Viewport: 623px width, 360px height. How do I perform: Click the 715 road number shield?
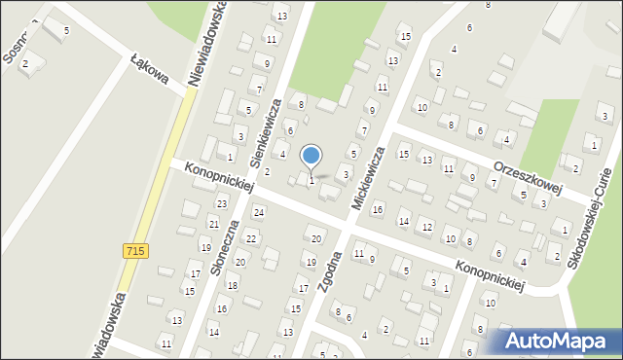(x=136, y=251)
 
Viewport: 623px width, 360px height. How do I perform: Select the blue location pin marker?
(x=311, y=157)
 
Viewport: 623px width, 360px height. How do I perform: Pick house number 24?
(x=259, y=212)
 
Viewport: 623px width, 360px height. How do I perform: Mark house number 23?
(x=222, y=203)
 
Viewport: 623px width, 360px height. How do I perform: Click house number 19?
(x=311, y=263)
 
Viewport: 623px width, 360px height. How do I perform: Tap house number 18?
(x=233, y=285)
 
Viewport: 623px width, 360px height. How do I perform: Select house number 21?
(x=213, y=225)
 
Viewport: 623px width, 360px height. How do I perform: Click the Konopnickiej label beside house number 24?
(x=217, y=178)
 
